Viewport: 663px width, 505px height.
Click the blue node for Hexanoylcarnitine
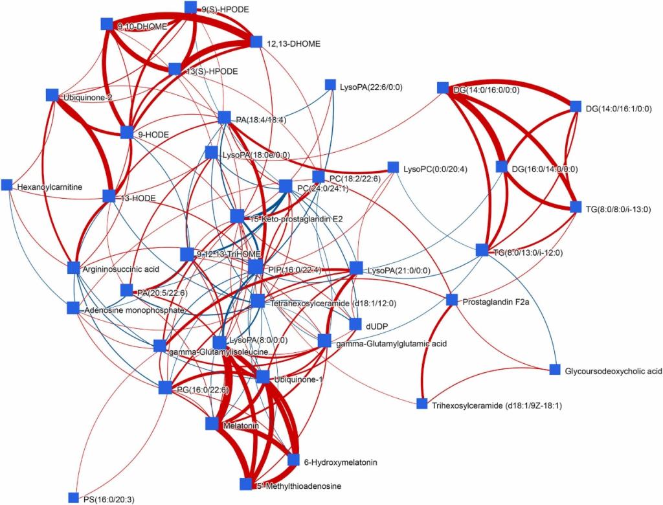click(x=7, y=185)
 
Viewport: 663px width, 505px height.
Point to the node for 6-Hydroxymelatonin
click(x=293, y=462)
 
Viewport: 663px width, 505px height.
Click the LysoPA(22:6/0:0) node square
click(x=329, y=85)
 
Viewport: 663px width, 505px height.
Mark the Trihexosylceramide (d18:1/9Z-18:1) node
click(x=422, y=405)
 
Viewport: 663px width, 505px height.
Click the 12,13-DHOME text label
click(x=293, y=44)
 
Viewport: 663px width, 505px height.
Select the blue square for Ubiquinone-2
click(x=52, y=95)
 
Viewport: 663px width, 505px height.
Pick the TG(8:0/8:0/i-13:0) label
click(x=618, y=208)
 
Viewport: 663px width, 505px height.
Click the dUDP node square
click(x=355, y=324)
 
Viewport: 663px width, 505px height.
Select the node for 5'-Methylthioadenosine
click(x=245, y=484)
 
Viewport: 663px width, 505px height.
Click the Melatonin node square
click(x=212, y=423)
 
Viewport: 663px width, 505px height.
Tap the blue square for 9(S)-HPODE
click(x=191, y=8)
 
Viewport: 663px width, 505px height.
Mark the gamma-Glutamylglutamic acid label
click(x=392, y=343)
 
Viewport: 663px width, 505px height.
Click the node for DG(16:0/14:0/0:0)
click(x=502, y=166)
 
